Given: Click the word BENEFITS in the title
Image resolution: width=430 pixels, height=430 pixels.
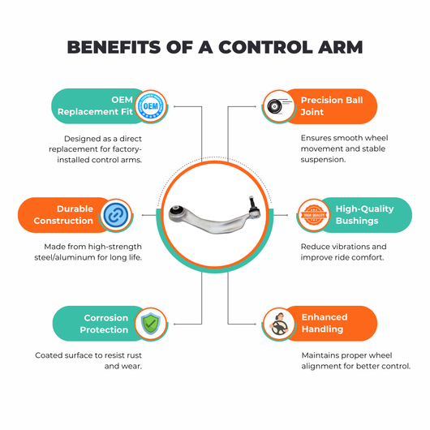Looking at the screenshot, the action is (114, 47).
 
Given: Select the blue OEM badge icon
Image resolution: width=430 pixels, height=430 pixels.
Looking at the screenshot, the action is (151, 105).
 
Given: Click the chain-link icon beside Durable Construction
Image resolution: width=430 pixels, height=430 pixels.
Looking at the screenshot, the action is (116, 215).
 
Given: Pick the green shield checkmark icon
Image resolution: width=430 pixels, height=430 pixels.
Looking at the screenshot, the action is (151, 324).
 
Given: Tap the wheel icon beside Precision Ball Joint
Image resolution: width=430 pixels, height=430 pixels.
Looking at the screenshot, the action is (277, 106).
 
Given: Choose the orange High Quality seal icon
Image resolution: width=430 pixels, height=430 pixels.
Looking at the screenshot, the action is (314, 215).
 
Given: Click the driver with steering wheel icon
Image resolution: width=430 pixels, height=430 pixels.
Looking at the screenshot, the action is (279, 325).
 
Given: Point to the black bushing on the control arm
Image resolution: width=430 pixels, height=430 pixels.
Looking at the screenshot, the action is (176, 211).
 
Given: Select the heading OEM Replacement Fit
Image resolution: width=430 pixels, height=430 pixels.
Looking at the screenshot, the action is (95, 105).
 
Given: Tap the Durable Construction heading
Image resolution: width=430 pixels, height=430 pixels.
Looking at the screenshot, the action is (63, 215).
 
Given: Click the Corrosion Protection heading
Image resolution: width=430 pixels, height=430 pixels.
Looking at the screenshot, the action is (104, 324).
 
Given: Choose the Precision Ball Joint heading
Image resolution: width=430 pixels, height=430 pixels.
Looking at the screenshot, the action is (332, 105).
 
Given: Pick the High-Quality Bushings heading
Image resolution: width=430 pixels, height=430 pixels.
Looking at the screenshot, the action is (365, 215).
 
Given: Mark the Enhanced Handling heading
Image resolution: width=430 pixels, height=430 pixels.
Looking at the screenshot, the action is (325, 323).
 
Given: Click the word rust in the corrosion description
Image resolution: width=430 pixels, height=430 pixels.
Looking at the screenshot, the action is (134, 355).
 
